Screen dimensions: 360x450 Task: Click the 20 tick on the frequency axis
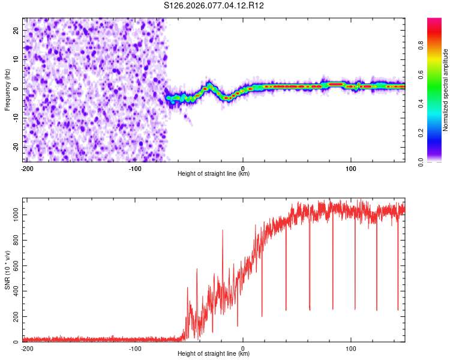(16, 30)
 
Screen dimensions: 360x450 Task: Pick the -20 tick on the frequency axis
(15, 147)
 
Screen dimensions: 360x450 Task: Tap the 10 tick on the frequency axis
(16, 59)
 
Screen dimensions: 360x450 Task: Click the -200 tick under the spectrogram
(26, 168)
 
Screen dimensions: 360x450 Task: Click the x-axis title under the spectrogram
(214, 174)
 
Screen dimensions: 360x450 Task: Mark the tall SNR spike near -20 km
(223, 230)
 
